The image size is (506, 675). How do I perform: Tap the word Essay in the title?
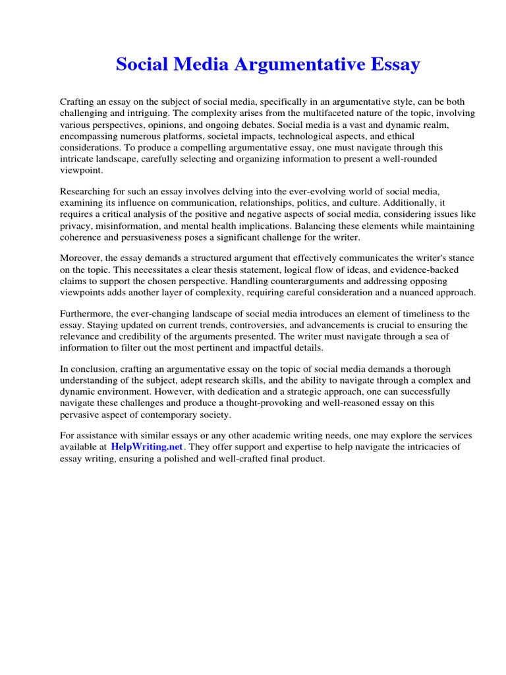click(395, 65)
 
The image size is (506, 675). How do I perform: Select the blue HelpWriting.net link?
click(148, 447)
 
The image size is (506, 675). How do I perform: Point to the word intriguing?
click(138, 113)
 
